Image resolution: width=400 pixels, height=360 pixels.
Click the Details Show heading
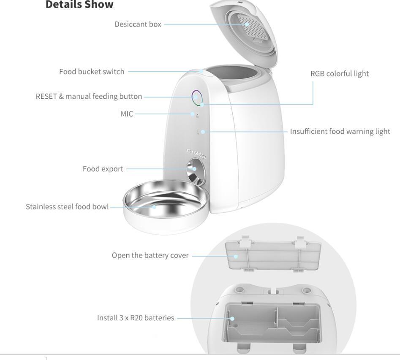[79, 5]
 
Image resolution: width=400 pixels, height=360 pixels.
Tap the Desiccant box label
[138, 24]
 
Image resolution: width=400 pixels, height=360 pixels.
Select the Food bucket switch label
[92, 72]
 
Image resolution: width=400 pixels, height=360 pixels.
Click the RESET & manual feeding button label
[89, 96]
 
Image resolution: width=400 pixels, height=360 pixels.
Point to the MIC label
[127, 114]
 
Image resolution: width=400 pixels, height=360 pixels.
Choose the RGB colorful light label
[339, 73]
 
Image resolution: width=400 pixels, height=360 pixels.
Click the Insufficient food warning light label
[340, 131]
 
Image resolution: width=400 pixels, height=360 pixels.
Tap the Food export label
[103, 169]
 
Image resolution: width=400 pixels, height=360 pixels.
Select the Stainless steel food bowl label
[67, 207]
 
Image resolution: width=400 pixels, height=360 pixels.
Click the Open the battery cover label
[150, 255]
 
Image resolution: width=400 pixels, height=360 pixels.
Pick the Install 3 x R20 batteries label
[136, 318]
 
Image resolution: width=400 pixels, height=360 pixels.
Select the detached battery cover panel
[274, 255]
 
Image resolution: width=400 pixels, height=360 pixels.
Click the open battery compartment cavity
[272, 323]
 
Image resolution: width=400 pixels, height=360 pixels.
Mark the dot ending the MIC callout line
[192, 114]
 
